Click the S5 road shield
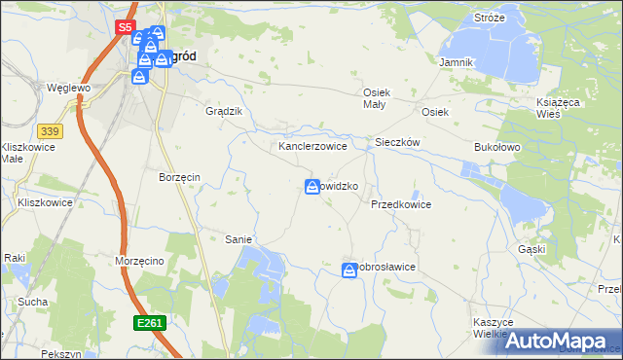tap(124, 28)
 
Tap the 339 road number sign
tap(51, 130)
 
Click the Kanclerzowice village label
tap(313, 146)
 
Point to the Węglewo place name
tap(68, 87)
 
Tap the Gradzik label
tap(223, 111)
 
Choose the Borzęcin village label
tap(179, 177)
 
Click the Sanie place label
tap(238, 238)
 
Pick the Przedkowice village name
tap(400, 205)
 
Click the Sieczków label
tap(397, 142)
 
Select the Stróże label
tap(489, 18)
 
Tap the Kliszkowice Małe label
tap(25, 153)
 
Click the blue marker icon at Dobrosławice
tap(349, 271)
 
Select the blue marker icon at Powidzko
tap(312, 187)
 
